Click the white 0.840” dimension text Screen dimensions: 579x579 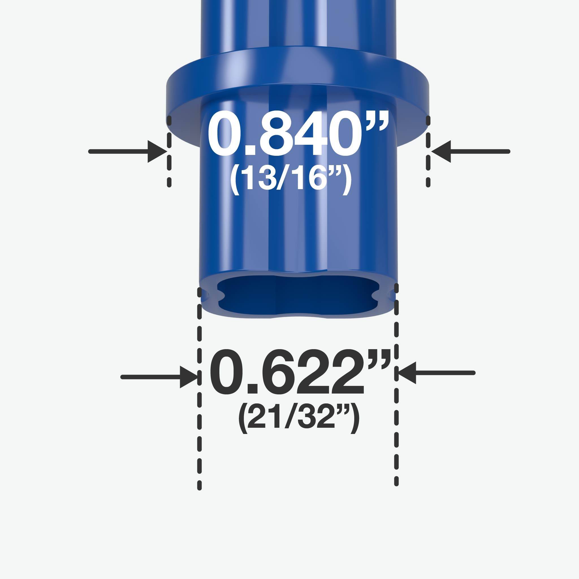tap(298, 134)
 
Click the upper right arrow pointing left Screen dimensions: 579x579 tap(470, 152)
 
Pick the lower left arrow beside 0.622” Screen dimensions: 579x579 tap(159, 377)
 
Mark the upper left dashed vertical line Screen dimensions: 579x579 tap(169, 151)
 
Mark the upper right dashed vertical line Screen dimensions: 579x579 tap(428, 151)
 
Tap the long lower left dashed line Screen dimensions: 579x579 tap(199, 390)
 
